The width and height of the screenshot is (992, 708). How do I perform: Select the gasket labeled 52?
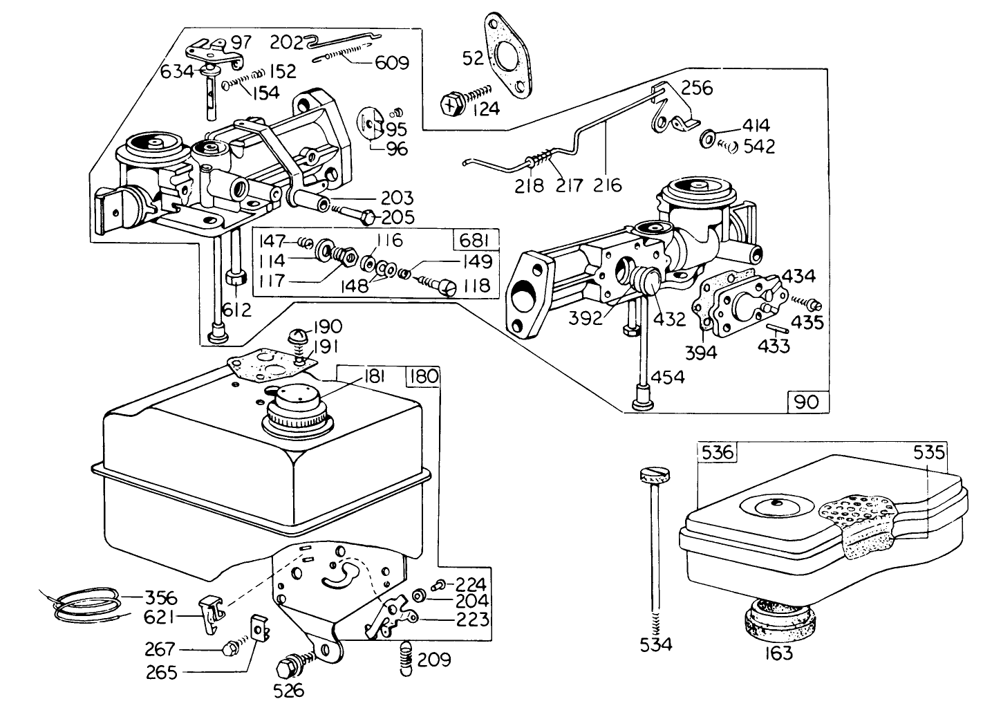[x=509, y=53]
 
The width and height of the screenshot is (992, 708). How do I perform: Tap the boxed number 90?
[x=807, y=401]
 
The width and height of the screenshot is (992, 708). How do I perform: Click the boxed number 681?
[x=475, y=241]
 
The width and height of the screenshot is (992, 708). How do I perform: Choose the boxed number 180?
[x=423, y=377]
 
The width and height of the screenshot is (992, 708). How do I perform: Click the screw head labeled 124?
[x=451, y=105]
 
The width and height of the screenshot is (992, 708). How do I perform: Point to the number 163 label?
[x=778, y=652]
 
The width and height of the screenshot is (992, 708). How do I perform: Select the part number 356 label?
[x=160, y=597]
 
